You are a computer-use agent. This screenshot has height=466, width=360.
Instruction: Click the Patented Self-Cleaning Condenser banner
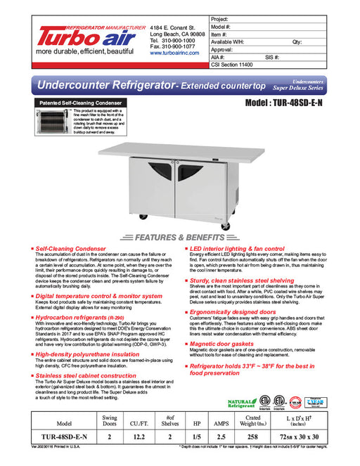(x=75, y=103)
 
